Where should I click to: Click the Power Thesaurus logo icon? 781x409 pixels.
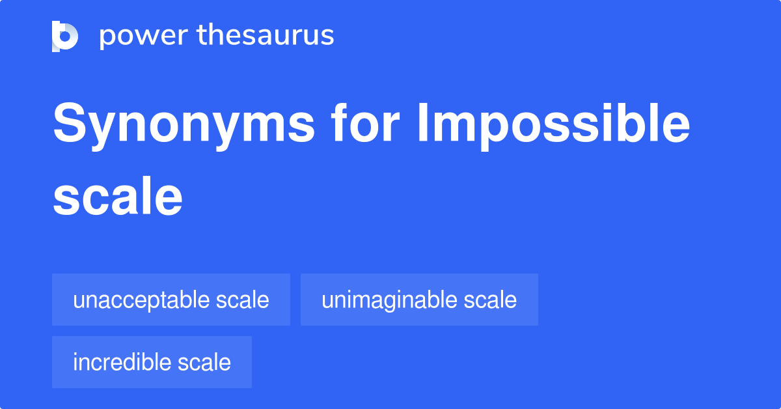pos(64,36)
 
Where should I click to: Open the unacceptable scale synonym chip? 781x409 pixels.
pos(171,300)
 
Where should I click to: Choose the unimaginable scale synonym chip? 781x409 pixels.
pos(419,300)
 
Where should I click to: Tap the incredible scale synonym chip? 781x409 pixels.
pos(152,362)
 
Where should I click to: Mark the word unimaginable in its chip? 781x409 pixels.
pos(389,300)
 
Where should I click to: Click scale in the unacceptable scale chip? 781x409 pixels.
pos(244,300)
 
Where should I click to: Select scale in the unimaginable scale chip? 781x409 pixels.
pos(491,300)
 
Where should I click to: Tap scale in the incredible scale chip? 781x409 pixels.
pos(206,362)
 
